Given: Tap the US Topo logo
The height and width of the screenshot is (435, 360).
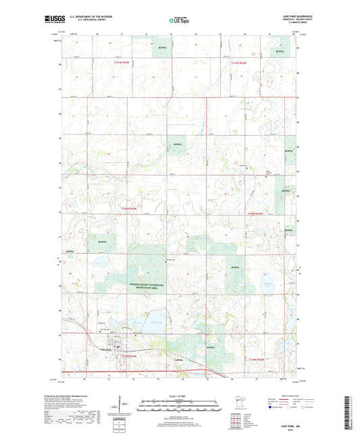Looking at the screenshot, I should pos(179,20).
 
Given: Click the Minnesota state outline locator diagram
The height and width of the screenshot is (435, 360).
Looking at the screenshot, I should pos(235,398).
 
